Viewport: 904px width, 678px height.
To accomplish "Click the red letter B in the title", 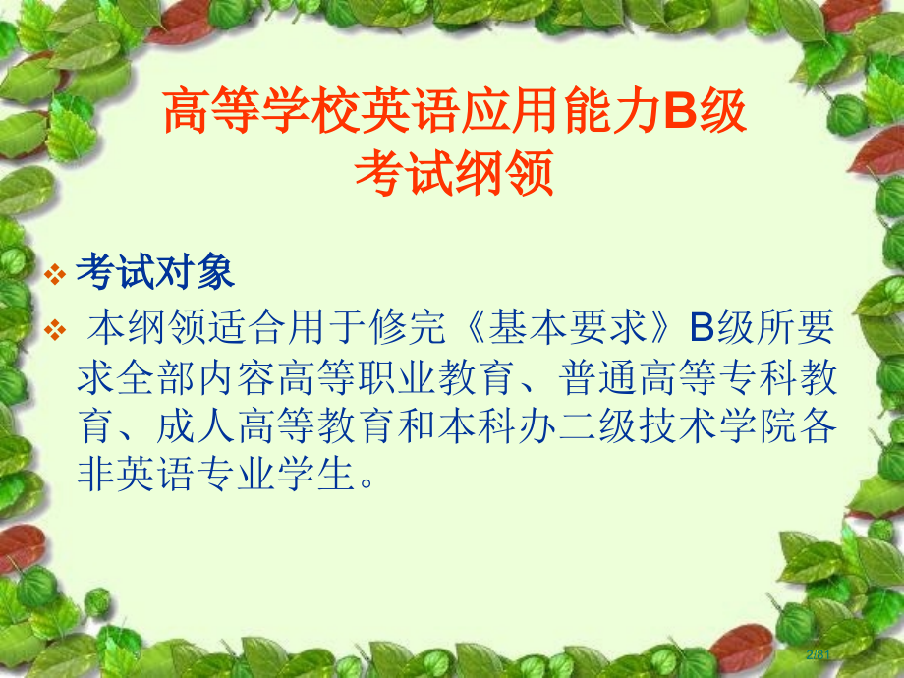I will coord(682,113).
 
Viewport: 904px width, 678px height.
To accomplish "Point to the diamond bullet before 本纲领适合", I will coord(58,329).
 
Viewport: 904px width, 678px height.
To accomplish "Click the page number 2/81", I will coord(819,653).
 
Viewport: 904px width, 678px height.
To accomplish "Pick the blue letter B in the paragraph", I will coord(699,328).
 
